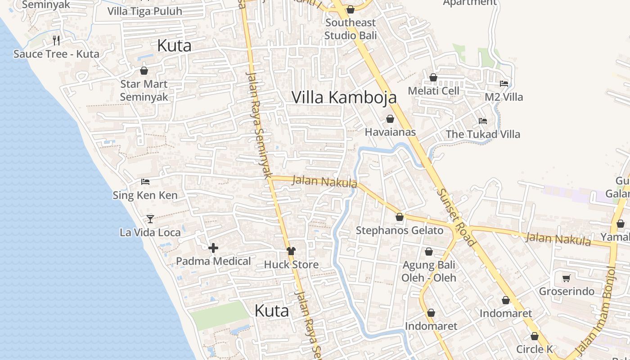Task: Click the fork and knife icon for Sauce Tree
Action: click(56, 40)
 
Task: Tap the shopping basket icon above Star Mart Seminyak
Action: click(144, 71)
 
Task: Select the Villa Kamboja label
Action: click(344, 97)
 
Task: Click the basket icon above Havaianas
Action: click(390, 119)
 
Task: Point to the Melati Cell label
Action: click(433, 91)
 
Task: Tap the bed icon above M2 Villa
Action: click(504, 84)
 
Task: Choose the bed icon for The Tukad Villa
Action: click(483, 121)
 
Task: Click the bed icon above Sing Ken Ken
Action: click(145, 182)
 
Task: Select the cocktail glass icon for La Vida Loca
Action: click(150, 219)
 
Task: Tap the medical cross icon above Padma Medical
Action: click(213, 247)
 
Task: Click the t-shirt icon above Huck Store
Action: click(291, 251)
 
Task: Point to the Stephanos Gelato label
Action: click(400, 230)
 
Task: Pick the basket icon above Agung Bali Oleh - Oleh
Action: click(429, 252)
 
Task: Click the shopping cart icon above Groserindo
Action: click(566, 278)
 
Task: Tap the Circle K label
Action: click(535, 349)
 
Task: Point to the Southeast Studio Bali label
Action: click(351, 29)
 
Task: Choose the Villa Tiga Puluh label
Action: click(145, 11)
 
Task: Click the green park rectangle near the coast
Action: click(219, 315)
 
